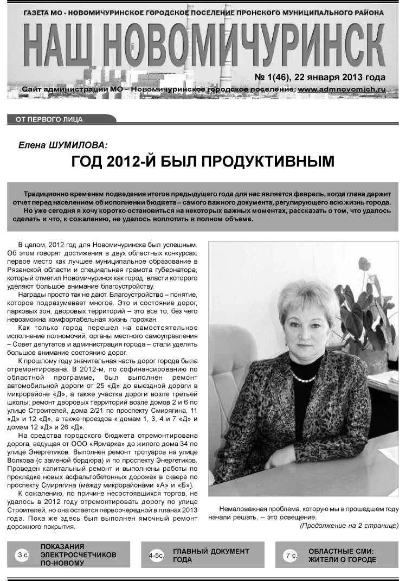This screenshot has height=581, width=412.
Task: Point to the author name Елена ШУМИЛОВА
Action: pyautogui.click(x=63, y=144)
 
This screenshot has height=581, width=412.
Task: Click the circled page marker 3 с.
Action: pyautogui.click(x=23, y=554)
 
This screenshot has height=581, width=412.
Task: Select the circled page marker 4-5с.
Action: pyautogui.click(x=156, y=555)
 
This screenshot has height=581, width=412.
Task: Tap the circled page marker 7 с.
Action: pyautogui.click(x=290, y=555)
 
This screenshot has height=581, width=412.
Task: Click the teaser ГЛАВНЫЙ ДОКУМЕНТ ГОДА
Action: pyautogui.click(x=210, y=555)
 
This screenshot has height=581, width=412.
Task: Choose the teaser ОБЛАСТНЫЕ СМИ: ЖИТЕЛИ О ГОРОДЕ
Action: pyautogui.click(x=342, y=555)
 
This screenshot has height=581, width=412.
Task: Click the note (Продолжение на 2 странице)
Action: pyautogui.click(x=349, y=525)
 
